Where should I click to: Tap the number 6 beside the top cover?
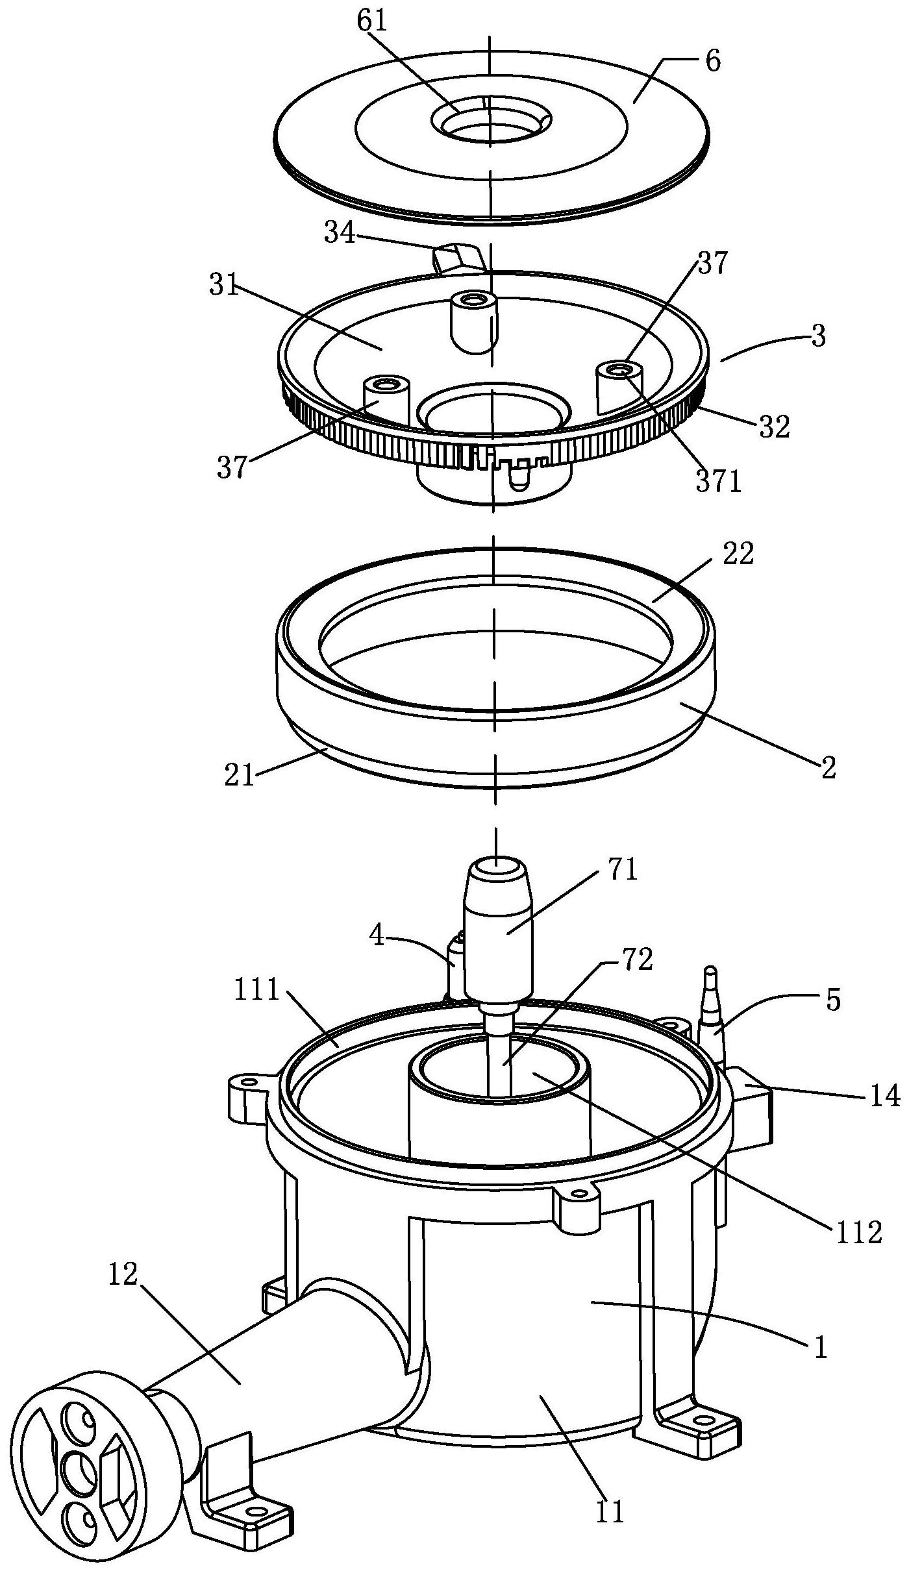712,62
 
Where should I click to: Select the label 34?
340,233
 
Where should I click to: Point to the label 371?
717,482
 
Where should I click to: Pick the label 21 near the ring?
240,776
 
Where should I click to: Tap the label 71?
621,870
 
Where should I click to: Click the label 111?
257,991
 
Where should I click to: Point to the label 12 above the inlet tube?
123,1274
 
